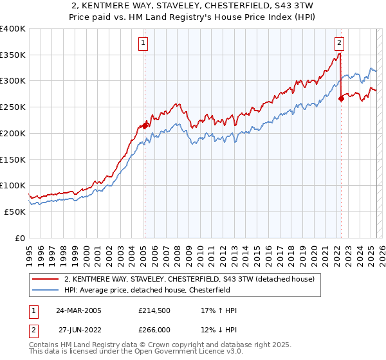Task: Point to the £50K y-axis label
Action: point(15,212)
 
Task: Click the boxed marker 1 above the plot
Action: point(142,44)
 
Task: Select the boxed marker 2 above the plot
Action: point(339,44)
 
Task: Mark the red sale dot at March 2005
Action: point(145,125)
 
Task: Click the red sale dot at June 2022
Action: point(341,98)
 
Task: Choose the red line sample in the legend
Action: point(46,279)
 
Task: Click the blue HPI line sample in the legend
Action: point(46,290)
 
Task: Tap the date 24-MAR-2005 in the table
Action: point(79,310)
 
